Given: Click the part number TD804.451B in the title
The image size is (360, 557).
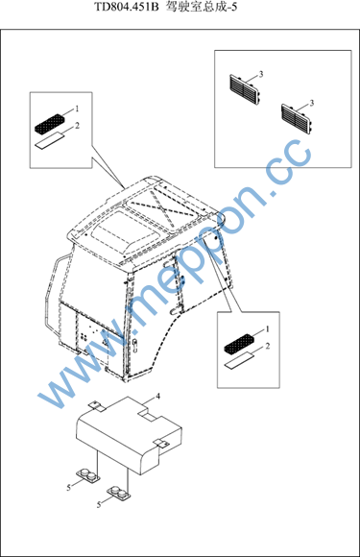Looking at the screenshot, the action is click(127, 7).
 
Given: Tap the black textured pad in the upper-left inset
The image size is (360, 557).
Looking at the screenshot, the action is click(50, 123).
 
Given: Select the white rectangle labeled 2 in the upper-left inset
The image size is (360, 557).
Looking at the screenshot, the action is click(50, 139).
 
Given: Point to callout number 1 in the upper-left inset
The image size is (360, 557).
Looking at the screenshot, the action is click(77, 109).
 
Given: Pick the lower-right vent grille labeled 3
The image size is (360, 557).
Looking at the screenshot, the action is click(298, 119).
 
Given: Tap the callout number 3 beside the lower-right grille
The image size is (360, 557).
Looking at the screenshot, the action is click(312, 103).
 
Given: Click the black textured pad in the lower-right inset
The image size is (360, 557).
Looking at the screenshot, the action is click(240, 344).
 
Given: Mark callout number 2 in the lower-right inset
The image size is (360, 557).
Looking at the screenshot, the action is click(267, 346).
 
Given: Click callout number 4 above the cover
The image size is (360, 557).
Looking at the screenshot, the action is click(158, 396).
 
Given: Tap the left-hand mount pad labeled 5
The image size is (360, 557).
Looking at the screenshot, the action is click(87, 475).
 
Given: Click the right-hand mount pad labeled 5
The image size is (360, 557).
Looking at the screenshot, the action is click(118, 494).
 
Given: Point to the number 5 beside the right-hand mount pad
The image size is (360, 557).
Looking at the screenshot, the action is click(99, 504).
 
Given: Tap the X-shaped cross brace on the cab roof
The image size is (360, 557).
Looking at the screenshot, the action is click(162, 206).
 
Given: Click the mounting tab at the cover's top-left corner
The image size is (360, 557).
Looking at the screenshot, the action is click(94, 405).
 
